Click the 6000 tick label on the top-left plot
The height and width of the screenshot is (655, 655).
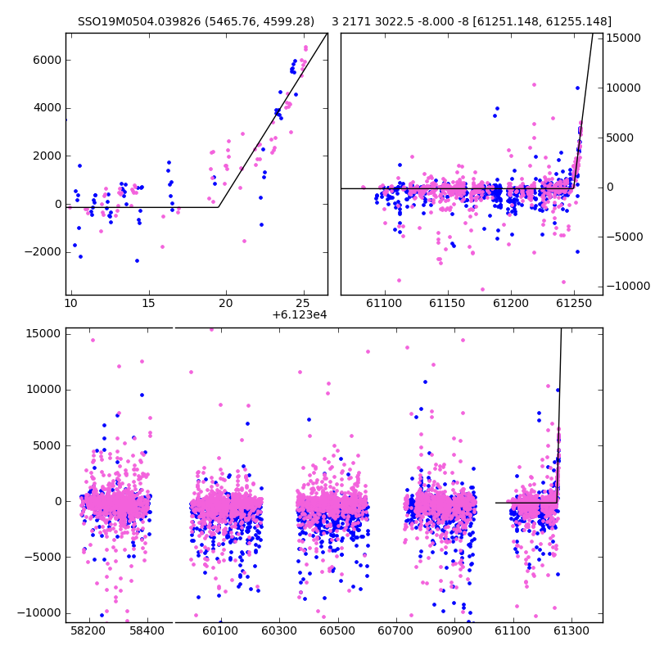(47, 60)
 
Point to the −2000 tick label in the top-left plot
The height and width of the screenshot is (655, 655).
(43, 252)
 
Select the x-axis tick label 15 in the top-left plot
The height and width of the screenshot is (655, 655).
(148, 303)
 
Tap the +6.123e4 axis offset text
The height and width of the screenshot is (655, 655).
(299, 315)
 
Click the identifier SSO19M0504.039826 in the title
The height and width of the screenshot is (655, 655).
(139, 21)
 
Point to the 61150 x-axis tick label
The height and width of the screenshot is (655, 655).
(447, 303)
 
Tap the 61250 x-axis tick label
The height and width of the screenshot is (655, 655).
(574, 303)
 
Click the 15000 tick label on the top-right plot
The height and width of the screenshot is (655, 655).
(623, 38)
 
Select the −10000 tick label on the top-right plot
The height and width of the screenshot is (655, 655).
(628, 286)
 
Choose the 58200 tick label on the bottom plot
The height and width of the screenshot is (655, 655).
(88, 630)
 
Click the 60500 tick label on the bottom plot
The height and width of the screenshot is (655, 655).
(337, 630)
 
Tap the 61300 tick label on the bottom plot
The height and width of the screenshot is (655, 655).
(571, 630)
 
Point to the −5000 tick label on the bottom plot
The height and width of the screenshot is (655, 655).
(43, 558)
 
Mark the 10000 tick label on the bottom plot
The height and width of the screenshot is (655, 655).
(44, 390)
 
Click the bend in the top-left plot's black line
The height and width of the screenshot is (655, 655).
(219, 207)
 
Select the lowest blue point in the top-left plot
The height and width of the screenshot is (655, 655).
(137, 260)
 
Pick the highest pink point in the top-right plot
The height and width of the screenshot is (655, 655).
(534, 85)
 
